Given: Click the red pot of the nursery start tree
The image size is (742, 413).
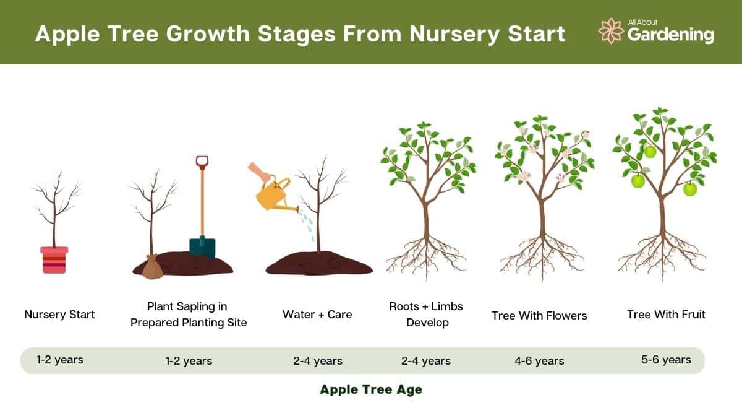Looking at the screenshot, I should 54,260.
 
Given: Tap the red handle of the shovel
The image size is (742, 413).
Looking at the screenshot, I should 202,163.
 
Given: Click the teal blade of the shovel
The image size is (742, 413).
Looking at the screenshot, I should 202,246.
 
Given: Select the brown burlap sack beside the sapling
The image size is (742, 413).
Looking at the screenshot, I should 151,268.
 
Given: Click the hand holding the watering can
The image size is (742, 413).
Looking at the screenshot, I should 260,172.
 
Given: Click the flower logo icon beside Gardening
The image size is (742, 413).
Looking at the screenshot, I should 610,31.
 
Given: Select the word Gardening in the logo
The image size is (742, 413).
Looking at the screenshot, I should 671,35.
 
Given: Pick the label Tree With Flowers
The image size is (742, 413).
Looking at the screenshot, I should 539,316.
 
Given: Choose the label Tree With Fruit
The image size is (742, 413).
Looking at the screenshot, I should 666,315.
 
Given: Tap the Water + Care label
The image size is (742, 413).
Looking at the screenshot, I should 317,315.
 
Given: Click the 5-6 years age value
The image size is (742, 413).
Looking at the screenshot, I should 666,360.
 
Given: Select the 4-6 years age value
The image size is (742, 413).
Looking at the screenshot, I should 539,361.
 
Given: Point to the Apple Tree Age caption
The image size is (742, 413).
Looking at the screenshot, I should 371,390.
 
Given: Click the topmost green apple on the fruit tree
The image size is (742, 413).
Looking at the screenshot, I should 649,151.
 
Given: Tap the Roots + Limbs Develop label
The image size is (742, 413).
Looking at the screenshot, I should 426,315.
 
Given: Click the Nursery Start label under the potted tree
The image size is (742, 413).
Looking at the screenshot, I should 59,315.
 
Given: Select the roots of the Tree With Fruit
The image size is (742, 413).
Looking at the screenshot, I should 662,254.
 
